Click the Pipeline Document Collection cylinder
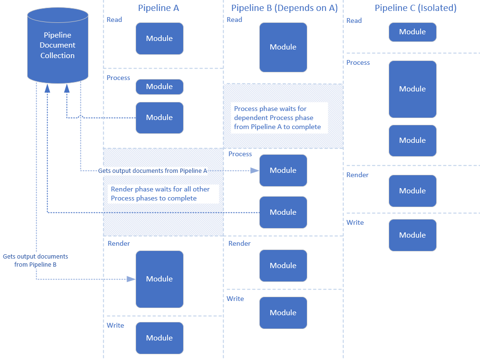(58, 46)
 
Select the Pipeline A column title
(158, 8)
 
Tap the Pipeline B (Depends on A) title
(284, 8)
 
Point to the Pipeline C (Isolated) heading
(415, 8)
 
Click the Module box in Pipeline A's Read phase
(159, 39)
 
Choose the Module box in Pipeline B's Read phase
(283, 47)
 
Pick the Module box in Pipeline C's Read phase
(412, 32)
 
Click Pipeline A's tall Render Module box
(159, 279)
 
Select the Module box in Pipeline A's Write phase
(159, 338)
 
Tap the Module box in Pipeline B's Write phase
(283, 313)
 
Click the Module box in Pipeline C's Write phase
(412, 235)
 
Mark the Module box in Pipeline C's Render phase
(412, 191)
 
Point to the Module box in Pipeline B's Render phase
(283, 266)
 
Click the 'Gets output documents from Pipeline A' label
(152, 170)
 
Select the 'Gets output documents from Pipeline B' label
(35, 260)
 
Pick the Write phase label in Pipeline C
(355, 222)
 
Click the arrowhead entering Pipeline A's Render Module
(131, 279)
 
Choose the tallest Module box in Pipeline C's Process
(412, 89)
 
